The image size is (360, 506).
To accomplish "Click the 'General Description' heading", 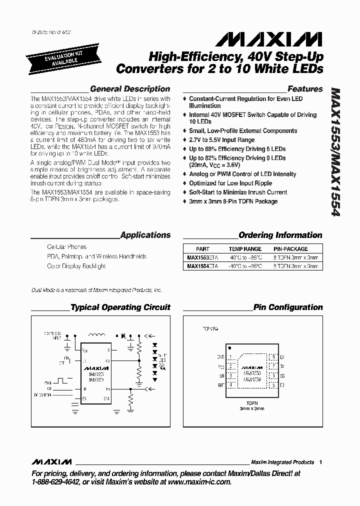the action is pyautogui.click(x=130, y=89).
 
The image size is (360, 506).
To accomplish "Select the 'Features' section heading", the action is pyautogui.click(x=305, y=89).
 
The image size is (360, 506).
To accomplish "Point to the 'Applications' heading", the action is pyautogui.click(x=145, y=235).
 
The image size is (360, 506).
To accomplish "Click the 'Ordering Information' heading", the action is pyautogui.click(x=280, y=235).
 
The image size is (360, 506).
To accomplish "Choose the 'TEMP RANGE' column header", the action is pyautogui.click(x=245, y=248).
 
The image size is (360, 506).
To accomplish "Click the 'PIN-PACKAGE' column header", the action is pyautogui.click(x=290, y=248).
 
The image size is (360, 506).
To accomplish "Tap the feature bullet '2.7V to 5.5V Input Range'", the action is pyautogui.click(x=221, y=140).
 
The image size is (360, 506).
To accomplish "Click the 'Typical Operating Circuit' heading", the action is pyautogui.click(x=120, y=307).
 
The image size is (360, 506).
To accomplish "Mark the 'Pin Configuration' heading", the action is pyautogui.click(x=288, y=307).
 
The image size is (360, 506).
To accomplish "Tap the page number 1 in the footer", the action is pyautogui.click(x=320, y=462).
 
